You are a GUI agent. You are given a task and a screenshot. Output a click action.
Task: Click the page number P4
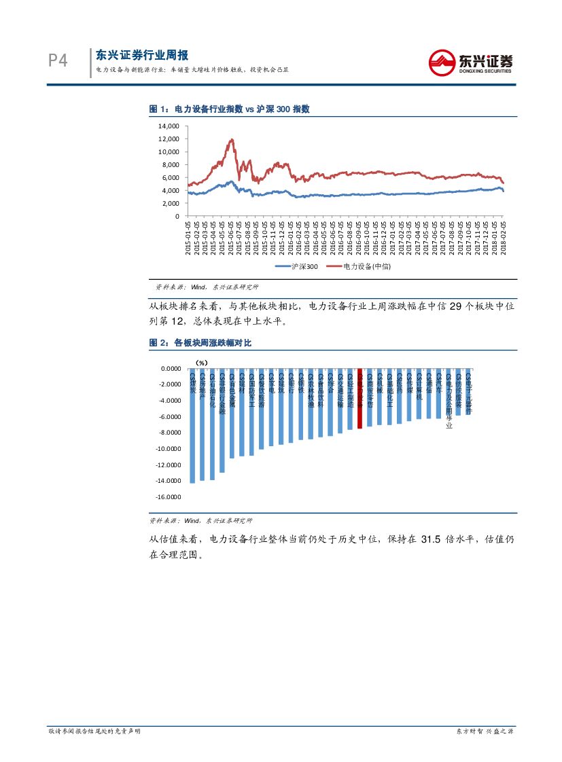click(x=58, y=61)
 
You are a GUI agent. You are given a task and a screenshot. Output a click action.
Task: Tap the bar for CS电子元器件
click(x=468, y=393)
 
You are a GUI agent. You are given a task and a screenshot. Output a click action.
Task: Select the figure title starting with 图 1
click(x=230, y=109)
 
